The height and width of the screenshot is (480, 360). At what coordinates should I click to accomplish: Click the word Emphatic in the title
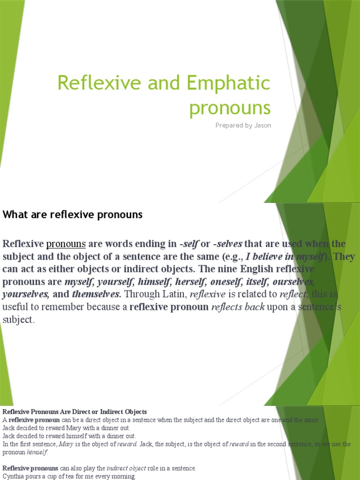pyautogui.click(x=228, y=83)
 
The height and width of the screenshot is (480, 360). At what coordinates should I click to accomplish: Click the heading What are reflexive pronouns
pyautogui.click(x=73, y=215)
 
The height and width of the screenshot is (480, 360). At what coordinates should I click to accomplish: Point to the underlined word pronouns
pyautogui.click(x=66, y=244)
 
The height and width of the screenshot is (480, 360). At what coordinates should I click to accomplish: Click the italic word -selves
pyautogui.click(x=227, y=244)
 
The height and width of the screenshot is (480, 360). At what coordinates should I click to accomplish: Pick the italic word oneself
pyautogui.click(x=210, y=282)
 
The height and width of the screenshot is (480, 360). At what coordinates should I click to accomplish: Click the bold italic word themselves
pyautogui.click(x=97, y=295)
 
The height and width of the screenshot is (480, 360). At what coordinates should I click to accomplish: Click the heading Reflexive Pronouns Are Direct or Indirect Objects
pyautogui.click(x=75, y=412)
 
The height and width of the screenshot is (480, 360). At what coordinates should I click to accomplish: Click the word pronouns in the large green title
pyautogui.click(x=230, y=108)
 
